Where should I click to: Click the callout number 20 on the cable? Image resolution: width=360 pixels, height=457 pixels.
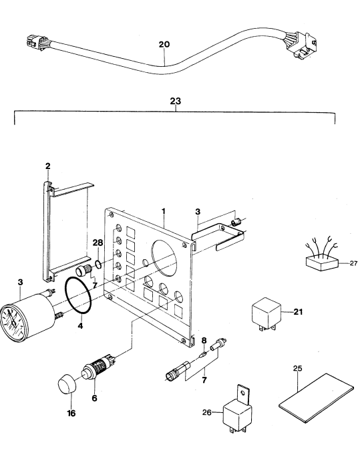164,44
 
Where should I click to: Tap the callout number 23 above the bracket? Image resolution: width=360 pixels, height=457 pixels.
176,101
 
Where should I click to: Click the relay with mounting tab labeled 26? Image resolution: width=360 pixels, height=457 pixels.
237,409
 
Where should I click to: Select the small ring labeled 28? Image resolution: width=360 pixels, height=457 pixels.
98,265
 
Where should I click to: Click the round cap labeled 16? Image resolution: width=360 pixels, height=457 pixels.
67,385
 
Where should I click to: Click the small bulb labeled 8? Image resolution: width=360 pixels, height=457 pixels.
203,355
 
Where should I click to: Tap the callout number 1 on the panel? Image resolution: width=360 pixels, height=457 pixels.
164,211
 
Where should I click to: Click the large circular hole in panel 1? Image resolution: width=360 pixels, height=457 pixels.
165,258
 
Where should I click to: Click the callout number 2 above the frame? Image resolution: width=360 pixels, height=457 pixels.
48,166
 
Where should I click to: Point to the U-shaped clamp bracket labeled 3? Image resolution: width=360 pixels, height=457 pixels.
218,236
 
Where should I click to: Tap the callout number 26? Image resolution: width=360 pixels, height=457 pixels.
207,412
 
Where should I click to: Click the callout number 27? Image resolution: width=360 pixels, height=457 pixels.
353,263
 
